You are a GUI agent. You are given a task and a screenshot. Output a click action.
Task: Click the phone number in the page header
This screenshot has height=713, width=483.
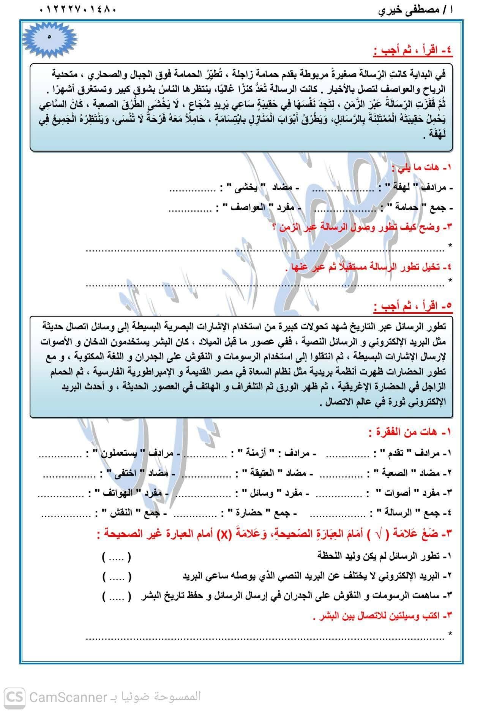point(77,9)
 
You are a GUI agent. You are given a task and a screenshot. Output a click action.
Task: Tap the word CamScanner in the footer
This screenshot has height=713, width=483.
point(67,697)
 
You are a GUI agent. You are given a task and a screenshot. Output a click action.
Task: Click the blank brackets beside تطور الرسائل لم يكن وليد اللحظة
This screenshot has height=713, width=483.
point(116,557)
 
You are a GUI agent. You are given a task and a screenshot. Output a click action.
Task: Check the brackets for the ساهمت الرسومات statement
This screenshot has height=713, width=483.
point(116,596)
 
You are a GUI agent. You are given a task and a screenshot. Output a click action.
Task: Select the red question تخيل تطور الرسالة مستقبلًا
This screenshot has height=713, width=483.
point(368,267)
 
